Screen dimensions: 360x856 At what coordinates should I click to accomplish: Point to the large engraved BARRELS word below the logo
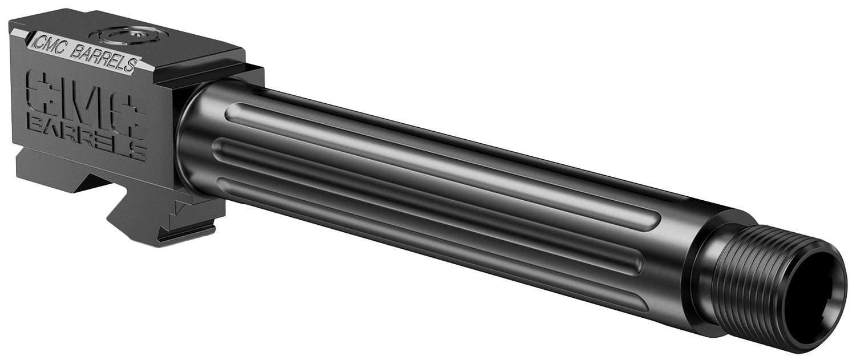click(x=86, y=140)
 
